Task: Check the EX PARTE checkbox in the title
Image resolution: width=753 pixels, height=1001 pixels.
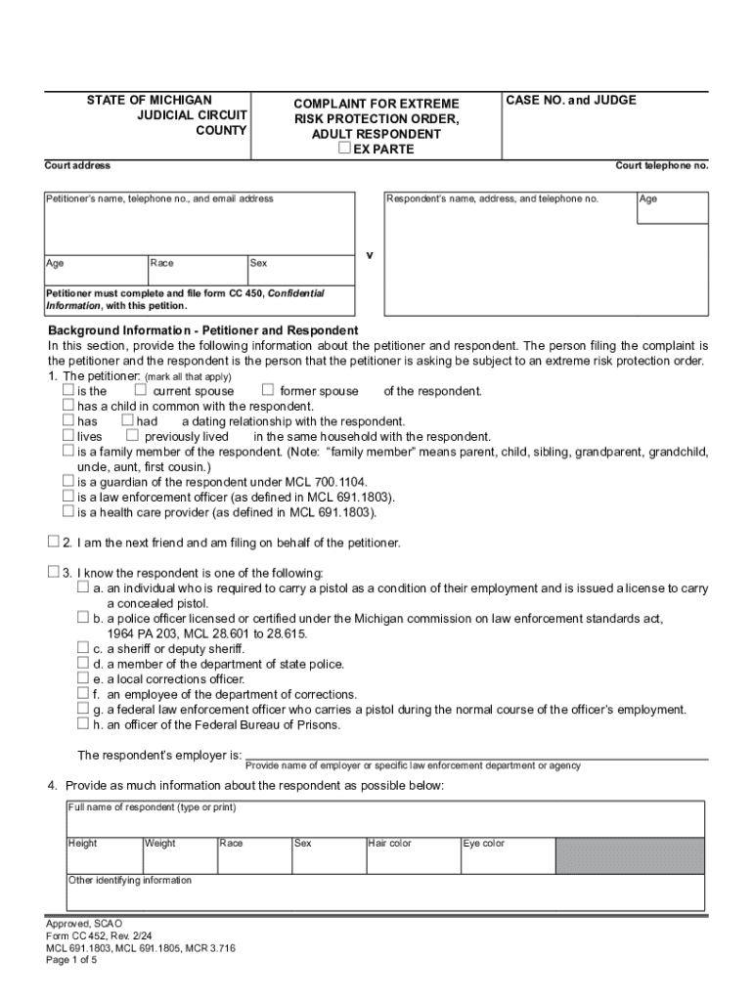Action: point(344,149)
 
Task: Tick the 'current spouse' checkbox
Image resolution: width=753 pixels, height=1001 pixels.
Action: point(141,391)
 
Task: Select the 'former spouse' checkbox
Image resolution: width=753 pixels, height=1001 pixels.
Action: point(267,391)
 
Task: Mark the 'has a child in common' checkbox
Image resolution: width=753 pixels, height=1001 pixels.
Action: point(68,406)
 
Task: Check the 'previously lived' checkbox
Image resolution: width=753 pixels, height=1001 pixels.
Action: point(133,436)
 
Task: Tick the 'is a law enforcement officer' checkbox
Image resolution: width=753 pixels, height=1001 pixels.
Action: point(68,497)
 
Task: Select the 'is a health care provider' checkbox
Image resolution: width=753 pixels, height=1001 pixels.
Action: point(68,511)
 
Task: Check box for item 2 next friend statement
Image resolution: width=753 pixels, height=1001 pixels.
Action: point(53,542)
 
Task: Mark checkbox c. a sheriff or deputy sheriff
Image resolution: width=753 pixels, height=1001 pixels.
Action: point(83,648)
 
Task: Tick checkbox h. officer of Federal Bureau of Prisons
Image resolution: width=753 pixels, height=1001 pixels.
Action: point(83,724)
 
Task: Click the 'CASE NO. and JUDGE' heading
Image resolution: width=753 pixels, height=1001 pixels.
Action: point(571,101)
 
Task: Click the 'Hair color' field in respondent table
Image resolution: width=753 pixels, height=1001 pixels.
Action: point(411,854)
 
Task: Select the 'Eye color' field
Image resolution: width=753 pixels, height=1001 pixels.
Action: point(507,854)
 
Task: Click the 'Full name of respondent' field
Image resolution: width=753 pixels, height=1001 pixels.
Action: point(384,819)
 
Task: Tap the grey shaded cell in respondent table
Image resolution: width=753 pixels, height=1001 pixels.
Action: point(629,854)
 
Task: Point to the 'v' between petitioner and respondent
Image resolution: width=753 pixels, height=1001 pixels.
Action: point(370,255)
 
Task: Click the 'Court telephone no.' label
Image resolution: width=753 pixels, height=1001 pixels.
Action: point(661,166)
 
